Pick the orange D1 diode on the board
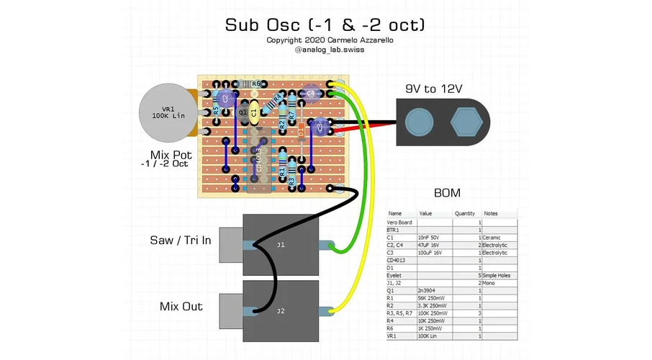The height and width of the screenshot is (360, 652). coord(300,133)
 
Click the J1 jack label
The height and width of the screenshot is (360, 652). coord(281,245)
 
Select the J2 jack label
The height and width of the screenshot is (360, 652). coord(281,311)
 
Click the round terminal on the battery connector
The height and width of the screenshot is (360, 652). coord(419,123)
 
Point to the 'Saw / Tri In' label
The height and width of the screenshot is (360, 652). coord(180,240)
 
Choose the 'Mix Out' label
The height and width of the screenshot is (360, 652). coord(181,306)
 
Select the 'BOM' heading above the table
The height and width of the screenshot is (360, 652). coord(448,194)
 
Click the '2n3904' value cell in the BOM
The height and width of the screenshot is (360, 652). coord(430,291)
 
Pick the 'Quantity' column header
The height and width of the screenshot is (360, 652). coord(466,214)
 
